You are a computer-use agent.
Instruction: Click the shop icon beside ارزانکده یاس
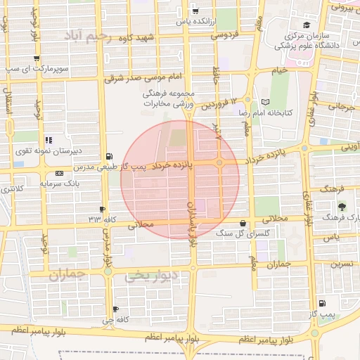click(x=195, y=11)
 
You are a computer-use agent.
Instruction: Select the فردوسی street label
click(x=226, y=34)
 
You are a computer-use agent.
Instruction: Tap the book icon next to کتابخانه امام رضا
click(x=265, y=101)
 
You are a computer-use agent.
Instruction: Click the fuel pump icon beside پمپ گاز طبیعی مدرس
click(x=108, y=156)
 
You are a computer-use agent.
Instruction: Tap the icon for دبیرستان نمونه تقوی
click(x=49, y=140)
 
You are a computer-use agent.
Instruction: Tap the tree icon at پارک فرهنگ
click(x=342, y=207)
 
